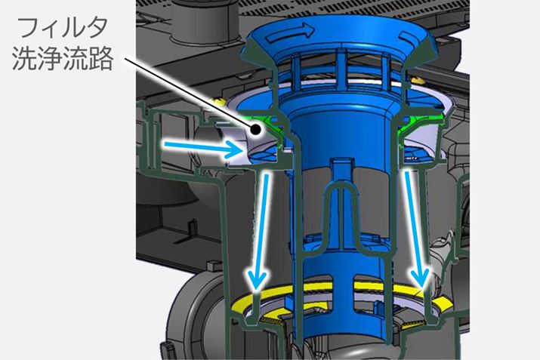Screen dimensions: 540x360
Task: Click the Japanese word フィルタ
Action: (x=63, y=28)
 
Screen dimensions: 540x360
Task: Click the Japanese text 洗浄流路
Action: (x=63, y=59)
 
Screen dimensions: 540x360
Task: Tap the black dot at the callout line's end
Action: (x=255, y=130)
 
